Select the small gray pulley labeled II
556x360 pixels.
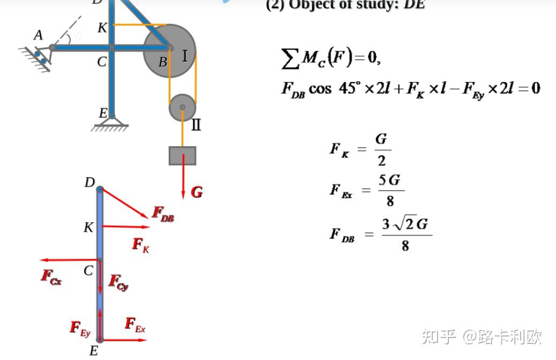(x=182, y=107)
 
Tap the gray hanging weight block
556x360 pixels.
(x=183, y=155)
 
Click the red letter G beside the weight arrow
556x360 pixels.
(x=197, y=192)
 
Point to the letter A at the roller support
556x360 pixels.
(x=38, y=35)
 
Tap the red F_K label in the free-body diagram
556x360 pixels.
(x=141, y=245)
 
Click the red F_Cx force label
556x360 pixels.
(x=51, y=276)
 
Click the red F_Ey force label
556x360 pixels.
(x=80, y=328)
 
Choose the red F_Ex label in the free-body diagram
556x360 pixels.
(x=135, y=325)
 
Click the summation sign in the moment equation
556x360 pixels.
(x=290, y=58)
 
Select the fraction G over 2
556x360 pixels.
(x=381, y=149)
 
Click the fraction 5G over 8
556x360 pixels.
(x=390, y=190)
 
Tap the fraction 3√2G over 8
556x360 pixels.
(x=405, y=235)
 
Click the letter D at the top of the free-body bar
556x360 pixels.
(x=89, y=183)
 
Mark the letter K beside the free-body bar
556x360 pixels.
(x=88, y=228)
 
